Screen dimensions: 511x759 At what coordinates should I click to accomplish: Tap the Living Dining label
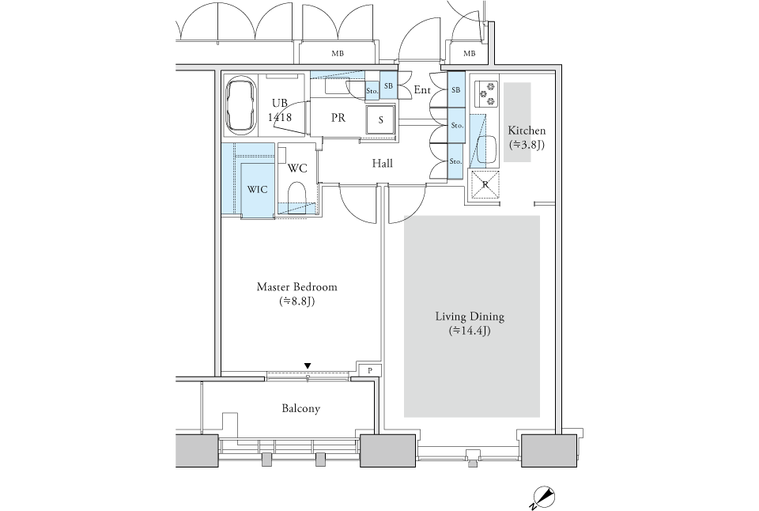click(470, 316)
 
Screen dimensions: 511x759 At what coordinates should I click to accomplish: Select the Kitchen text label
click(527, 131)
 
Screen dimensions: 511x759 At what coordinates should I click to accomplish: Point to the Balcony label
click(300, 408)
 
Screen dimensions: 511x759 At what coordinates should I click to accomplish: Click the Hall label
click(383, 164)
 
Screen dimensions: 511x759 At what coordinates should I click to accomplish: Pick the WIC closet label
click(257, 190)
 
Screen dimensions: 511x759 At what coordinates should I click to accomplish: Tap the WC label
click(297, 168)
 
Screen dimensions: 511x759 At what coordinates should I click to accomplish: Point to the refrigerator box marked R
click(484, 184)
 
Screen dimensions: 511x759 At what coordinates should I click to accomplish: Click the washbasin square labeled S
click(380, 120)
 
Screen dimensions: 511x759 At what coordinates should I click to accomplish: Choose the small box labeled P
click(370, 370)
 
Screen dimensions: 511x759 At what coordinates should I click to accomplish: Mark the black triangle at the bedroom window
click(308, 365)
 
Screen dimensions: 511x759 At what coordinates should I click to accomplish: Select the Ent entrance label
click(422, 90)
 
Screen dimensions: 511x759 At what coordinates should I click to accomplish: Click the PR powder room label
click(338, 118)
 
